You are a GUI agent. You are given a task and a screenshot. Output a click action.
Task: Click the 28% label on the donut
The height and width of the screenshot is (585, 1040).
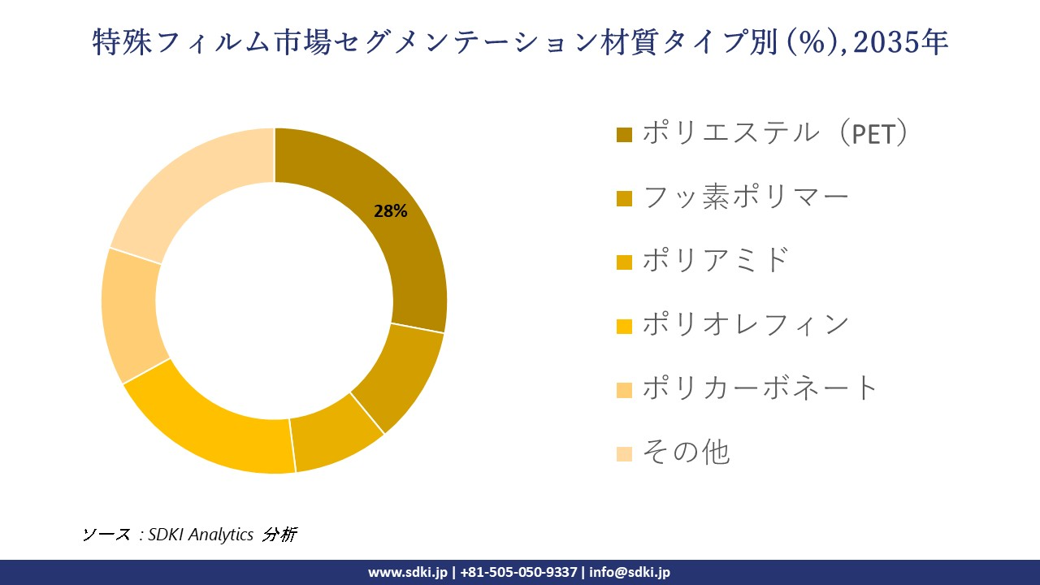pos(390,211)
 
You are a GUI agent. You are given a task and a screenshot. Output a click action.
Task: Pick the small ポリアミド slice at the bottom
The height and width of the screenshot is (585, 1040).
pos(335,439)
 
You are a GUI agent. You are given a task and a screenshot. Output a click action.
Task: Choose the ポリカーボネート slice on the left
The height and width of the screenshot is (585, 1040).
pos(130,313)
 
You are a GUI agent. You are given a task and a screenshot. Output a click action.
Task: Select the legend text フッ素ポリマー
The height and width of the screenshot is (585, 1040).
pos(745,197)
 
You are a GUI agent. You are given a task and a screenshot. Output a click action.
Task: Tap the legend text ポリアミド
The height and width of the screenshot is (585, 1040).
pos(716,260)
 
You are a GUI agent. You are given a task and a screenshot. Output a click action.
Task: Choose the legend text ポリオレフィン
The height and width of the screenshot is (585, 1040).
pos(745,324)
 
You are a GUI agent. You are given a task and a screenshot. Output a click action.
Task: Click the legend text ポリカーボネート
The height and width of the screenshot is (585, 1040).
pos(760,388)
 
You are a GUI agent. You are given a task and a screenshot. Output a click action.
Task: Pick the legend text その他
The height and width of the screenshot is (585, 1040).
pos(686,452)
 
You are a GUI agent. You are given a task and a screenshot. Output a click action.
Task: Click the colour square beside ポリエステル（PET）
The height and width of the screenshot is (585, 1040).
pos(624,134)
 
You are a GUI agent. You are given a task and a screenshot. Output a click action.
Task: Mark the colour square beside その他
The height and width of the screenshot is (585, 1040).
pos(624,453)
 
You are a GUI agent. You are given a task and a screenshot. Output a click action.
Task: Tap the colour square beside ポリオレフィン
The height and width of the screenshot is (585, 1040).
pos(624,326)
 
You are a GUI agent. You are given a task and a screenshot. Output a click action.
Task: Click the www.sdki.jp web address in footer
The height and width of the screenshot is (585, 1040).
pos(408,572)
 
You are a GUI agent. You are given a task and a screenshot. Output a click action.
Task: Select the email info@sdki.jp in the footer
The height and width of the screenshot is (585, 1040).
pos(630,572)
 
